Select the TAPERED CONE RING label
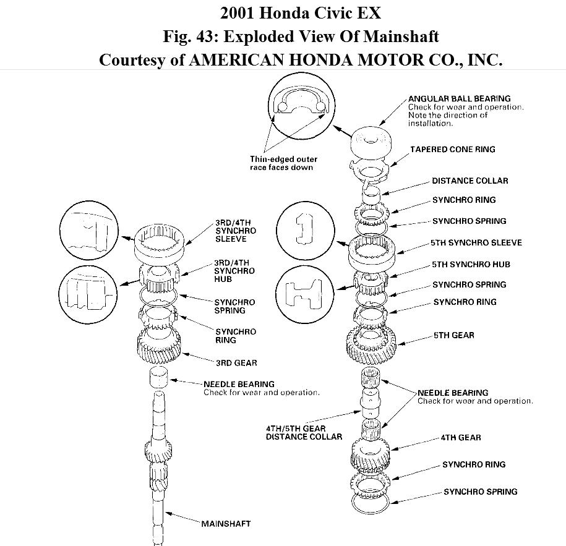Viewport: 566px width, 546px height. tap(453, 150)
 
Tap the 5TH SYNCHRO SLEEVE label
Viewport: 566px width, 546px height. tap(477, 242)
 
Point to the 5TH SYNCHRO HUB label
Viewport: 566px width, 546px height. tap(471, 264)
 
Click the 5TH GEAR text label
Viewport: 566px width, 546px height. tap(453, 335)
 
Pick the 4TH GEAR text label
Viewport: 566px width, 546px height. tap(461, 438)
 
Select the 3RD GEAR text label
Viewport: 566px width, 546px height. tap(236, 362)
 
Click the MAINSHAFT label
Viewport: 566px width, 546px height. tap(226, 523)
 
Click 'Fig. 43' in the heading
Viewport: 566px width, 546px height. tap(190, 36)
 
